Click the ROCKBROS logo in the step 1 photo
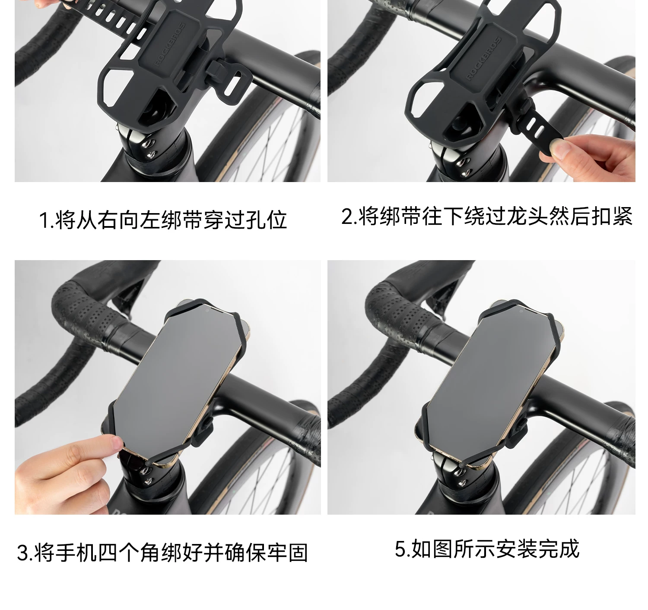point(170,44)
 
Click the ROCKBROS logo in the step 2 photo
point(484,59)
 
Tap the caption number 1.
point(43,220)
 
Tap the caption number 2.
point(346,217)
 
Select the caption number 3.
point(22,553)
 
